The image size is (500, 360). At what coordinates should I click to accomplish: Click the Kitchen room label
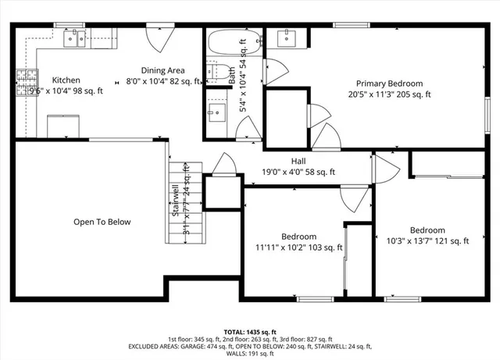[x=65, y=80]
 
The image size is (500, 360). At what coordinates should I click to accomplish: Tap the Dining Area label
[x=162, y=70]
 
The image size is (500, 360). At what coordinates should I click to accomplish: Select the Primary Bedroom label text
[x=389, y=84]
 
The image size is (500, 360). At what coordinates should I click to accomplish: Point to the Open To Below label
[x=102, y=222]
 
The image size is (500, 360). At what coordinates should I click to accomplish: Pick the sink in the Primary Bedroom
[x=287, y=37]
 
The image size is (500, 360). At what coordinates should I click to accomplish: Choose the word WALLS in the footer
[x=234, y=353]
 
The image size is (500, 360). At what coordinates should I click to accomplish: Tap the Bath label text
[x=232, y=75]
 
